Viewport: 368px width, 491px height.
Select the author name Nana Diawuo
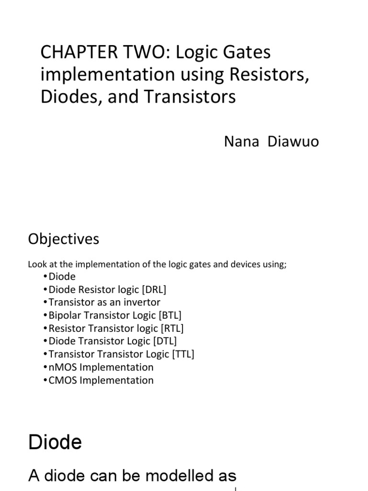coord(271,142)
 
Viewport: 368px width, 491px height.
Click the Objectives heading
coord(64,239)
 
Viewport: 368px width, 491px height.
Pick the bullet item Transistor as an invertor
coord(104,303)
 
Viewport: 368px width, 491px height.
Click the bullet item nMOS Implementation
coord(101,367)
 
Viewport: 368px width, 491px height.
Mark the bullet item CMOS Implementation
coord(101,380)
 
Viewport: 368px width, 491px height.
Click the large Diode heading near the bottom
coord(55,442)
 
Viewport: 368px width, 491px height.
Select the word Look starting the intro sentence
coord(36,264)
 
